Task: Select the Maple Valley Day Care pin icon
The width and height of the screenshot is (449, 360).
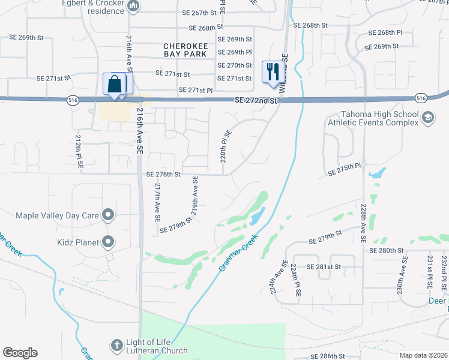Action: coord(108,214)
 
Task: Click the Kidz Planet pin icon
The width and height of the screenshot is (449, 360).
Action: coord(108,242)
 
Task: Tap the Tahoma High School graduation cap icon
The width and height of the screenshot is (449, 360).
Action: coord(427,118)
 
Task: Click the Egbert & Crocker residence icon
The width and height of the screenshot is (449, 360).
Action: coord(133,7)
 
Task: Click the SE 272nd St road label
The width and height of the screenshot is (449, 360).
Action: coord(256,101)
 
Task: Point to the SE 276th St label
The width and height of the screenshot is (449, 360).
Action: coord(163,175)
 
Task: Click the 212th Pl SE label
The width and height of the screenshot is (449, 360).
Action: coord(78,150)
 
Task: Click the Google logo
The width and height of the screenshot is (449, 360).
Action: coord(20,353)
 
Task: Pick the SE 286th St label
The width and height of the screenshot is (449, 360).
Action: coord(327,356)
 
